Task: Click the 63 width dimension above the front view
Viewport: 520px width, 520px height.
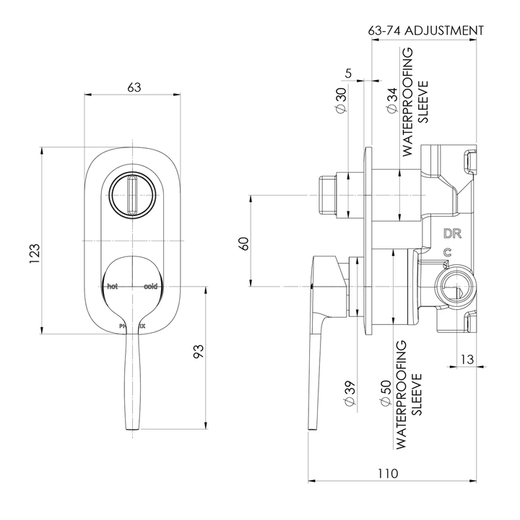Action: click(x=134, y=87)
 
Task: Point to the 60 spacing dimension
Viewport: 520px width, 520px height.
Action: click(x=245, y=243)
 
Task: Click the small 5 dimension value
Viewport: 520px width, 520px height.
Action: click(x=349, y=73)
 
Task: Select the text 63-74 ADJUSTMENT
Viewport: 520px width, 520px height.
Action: click(x=425, y=30)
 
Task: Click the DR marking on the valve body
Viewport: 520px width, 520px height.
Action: click(x=452, y=233)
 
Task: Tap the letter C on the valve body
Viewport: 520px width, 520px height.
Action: click(x=448, y=252)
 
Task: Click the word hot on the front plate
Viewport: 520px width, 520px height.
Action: click(x=112, y=287)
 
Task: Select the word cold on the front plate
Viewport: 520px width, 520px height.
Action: click(x=150, y=287)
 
